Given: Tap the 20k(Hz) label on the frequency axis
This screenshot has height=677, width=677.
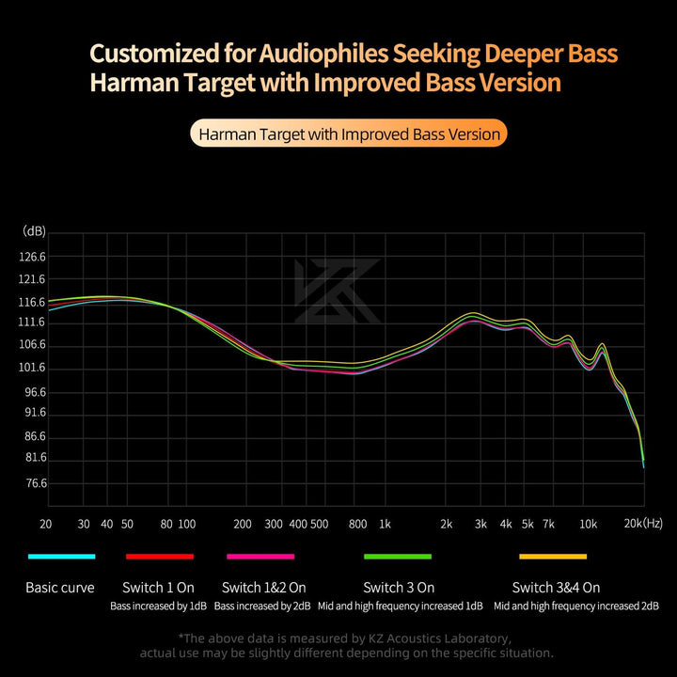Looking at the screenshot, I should [x=645, y=523].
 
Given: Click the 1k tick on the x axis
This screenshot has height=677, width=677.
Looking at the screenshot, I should [x=384, y=524].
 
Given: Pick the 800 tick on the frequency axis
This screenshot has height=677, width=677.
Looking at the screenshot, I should [x=357, y=524].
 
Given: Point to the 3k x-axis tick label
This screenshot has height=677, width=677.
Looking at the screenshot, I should [x=480, y=524].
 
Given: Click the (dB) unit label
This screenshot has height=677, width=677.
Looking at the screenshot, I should [x=35, y=231].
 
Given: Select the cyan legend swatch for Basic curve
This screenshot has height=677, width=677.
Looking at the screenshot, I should [x=62, y=557].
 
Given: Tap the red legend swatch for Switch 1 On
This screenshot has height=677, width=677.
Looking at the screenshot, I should [x=160, y=557].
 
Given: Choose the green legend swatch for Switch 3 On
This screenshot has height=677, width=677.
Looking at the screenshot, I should [x=398, y=557].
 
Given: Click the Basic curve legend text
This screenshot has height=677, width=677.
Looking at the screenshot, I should [x=60, y=588].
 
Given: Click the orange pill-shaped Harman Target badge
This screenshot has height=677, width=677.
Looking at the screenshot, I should [x=347, y=134].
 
